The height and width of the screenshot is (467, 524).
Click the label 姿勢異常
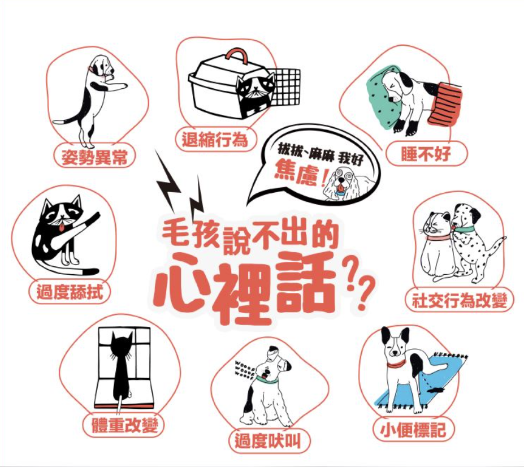(x=94, y=157)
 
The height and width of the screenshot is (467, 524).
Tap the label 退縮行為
(x=215, y=139)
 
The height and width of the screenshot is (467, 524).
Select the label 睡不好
(x=426, y=153)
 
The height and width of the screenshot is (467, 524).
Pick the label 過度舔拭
(x=69, y=292)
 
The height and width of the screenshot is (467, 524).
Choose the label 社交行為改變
(x=460, y=300)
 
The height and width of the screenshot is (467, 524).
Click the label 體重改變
(x=124, y=425)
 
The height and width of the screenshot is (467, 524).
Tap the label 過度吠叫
(x=268, y=440)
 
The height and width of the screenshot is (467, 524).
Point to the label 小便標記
(x=413, y=430)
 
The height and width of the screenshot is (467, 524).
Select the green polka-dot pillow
(x=382, y=97)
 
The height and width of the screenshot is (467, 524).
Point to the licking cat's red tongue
(x=62, y=228)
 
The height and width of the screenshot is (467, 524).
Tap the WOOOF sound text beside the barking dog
(x=245, y=367)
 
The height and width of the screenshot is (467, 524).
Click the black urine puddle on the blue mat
(x=436, y=390)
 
